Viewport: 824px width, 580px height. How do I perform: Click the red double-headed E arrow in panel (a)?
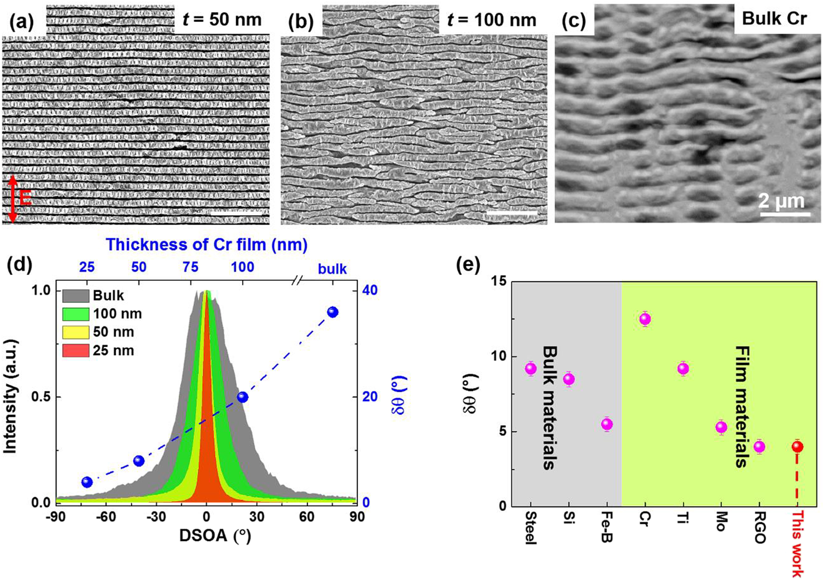click(x=13, y=199)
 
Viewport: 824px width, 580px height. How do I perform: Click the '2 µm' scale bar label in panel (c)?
click(x=781, y=201)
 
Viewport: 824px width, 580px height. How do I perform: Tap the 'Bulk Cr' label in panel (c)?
click(x=774, y=19)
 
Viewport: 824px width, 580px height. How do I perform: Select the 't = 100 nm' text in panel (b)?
click(x=491, y=20)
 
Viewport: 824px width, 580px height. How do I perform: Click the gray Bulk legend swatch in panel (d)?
click(x=75, y=295)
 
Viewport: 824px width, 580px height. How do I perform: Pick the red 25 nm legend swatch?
click(x=75, y=350)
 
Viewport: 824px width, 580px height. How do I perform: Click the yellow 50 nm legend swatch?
click(x=75, y=332)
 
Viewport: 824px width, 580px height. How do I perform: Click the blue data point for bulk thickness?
click(x=333, y=312)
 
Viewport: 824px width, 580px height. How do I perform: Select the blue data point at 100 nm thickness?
click(x=243, y=397)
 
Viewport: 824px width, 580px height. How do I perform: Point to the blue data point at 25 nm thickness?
click(x=87, y=482)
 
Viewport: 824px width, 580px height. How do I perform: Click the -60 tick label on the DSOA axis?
click(x=106, y=517)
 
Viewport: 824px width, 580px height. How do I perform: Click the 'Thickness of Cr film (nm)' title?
click(x=206, y=245)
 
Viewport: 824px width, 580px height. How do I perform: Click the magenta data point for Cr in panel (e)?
click(x=645, y=319)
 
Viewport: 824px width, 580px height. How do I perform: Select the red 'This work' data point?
click(x=797, y=447)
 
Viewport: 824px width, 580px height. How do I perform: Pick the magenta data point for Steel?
click(x=531, y=369)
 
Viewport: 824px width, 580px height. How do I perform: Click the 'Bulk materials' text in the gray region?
click(x=549, y=408)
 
